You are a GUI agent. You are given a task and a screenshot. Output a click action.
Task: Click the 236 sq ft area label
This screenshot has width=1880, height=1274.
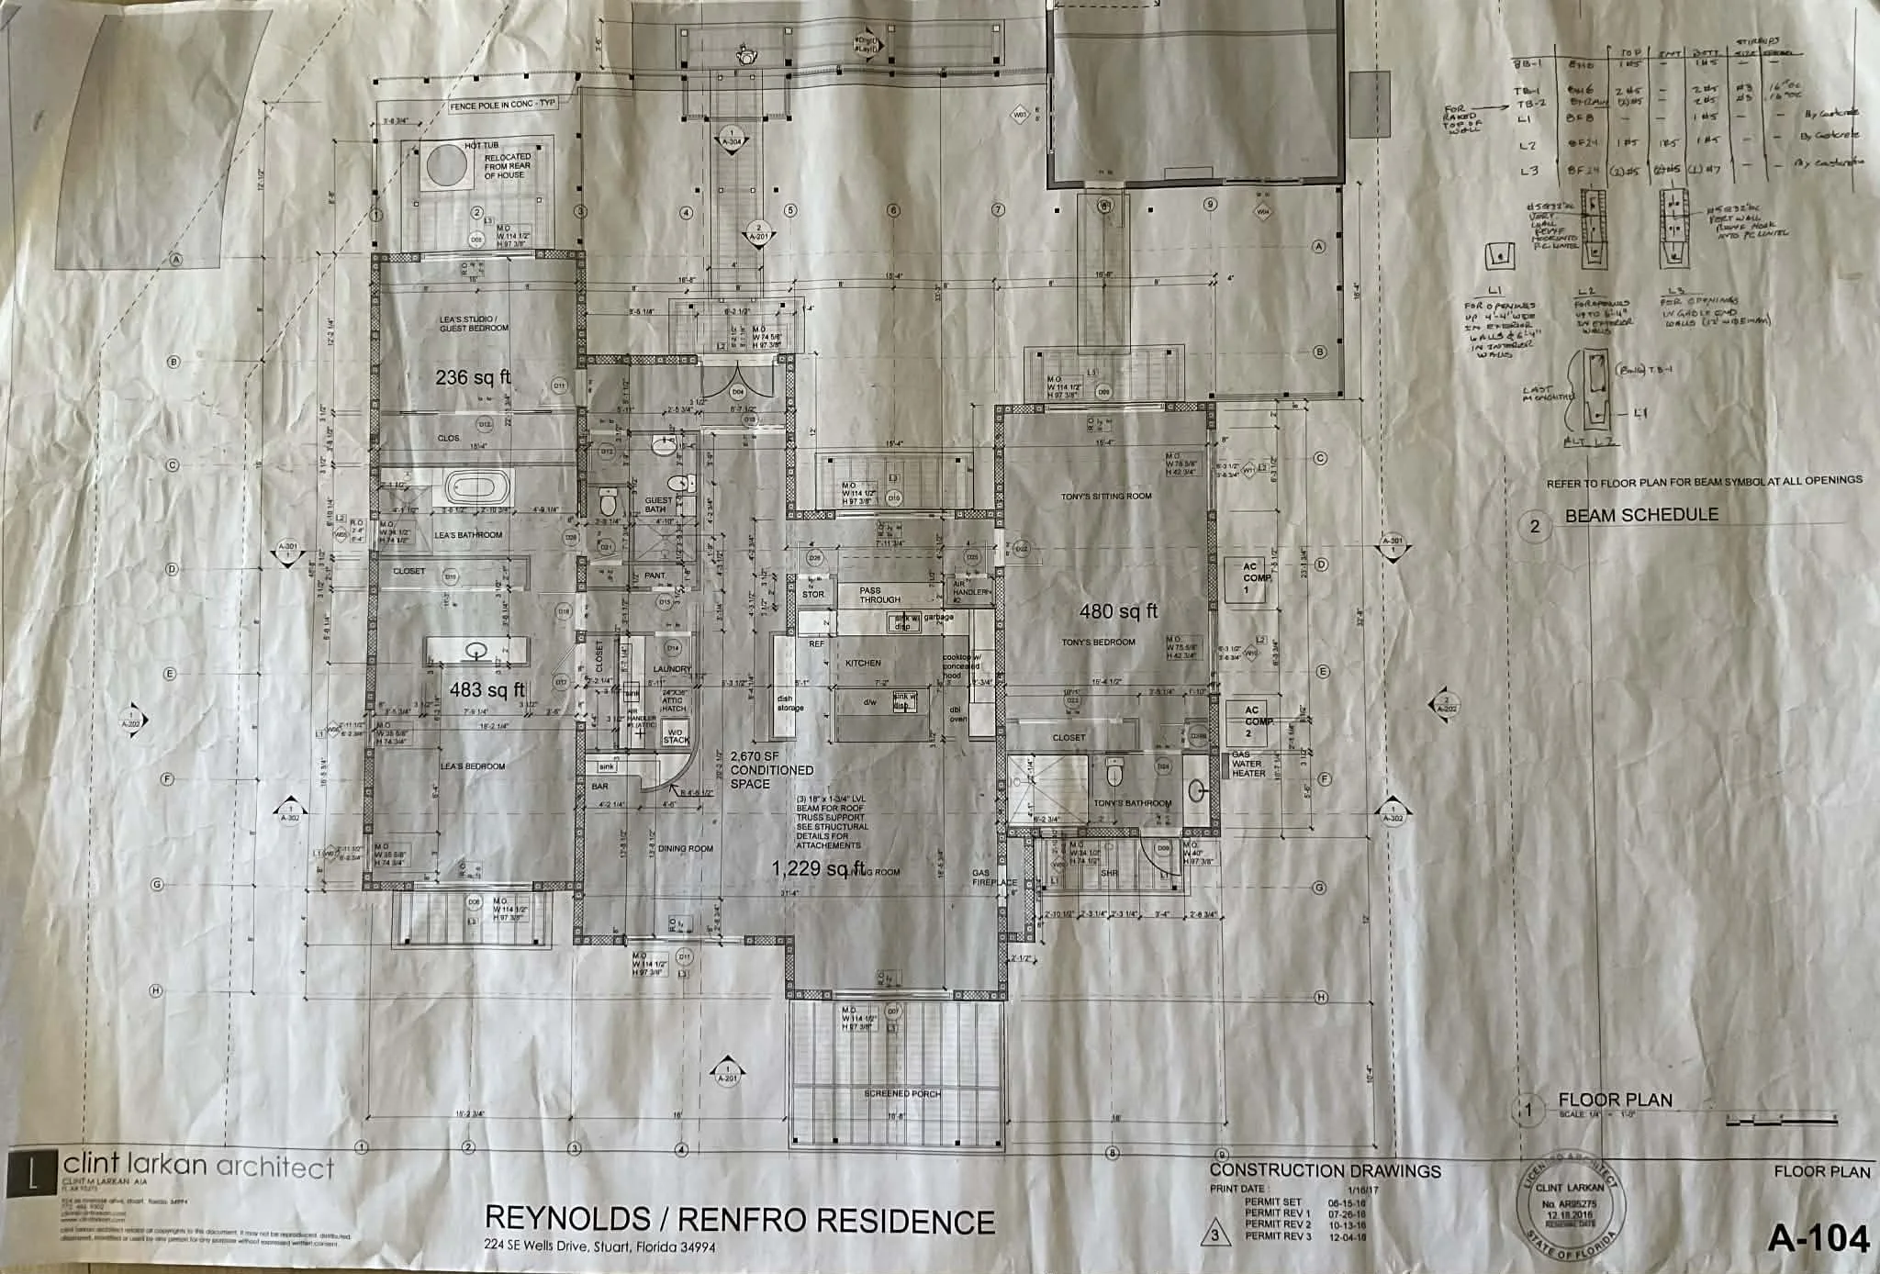coord(473,376)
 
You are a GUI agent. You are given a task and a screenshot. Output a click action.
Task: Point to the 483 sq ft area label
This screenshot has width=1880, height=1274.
coord(487,689)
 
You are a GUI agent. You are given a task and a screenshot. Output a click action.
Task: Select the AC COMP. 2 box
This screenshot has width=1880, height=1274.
coord(1252,722)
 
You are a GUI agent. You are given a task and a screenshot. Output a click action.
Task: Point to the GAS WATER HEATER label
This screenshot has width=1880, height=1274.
coord(1248,764)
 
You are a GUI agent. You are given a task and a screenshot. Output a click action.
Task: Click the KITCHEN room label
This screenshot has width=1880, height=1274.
coord(863,663)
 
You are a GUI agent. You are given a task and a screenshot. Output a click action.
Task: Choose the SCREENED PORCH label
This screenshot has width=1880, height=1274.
coord(902,1093)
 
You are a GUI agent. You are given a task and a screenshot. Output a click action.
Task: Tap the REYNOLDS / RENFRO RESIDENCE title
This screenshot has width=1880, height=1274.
coord(739,1220)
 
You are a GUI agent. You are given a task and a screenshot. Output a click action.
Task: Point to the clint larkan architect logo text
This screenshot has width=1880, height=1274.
coord(198,1168)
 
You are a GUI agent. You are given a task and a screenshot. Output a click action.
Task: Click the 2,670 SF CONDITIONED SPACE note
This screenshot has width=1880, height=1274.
coord(771,770)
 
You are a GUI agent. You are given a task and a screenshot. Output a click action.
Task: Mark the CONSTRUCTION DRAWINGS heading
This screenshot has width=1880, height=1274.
coord(1325,1170)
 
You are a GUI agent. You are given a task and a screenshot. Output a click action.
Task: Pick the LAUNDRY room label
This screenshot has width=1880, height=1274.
coord(672,669)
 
